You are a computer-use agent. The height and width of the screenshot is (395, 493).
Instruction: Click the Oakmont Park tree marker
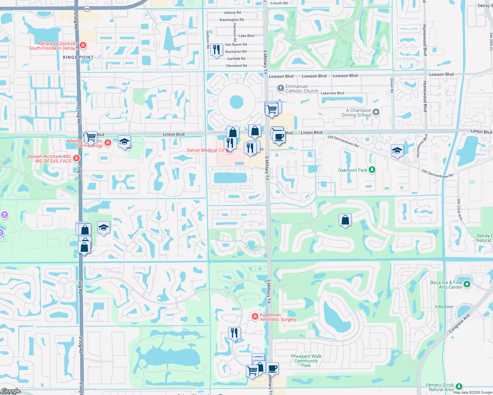[372, 170]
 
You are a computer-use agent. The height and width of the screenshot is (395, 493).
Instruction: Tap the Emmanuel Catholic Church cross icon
[280, 88]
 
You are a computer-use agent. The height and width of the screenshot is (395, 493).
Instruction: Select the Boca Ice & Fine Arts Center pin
[467, 284]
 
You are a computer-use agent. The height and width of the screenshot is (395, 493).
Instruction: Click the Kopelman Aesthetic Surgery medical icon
[255, 316]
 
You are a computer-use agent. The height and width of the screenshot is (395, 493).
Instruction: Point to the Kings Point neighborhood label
[78, 57]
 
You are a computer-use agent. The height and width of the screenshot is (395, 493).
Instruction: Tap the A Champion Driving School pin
[376, 112]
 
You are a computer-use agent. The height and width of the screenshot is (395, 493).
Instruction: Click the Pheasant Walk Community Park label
[306, 361]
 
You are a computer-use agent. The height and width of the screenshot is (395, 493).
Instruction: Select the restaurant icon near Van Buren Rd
[216, 50]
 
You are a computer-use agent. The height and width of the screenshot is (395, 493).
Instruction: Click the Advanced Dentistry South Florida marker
[83, 45]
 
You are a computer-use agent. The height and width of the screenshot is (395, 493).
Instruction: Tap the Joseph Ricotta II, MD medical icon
[76, 158]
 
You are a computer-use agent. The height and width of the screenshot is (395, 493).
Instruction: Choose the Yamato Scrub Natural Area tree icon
[459, 386]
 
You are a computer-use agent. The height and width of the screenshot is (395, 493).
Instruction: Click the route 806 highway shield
[87, 9]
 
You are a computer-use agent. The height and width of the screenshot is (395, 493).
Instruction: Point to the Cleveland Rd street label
[236, 66]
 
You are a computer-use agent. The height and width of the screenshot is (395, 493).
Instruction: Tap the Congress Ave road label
[459, 324]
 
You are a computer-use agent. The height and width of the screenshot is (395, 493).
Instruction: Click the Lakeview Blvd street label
[332, 93]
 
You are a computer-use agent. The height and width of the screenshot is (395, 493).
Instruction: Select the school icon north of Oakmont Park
[397, 151]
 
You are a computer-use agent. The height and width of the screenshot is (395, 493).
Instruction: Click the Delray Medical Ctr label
[205, 150]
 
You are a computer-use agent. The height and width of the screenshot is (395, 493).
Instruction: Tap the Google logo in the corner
[11, 391]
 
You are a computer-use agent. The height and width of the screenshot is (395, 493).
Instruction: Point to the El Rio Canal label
[444, 307]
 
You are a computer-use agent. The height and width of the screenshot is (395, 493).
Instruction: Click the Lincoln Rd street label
[279, 3]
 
